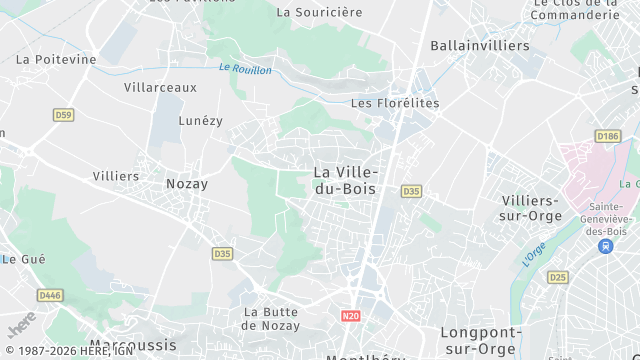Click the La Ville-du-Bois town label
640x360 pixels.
(346, 179)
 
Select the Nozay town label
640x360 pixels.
(186, 184)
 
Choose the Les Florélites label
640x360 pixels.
(395, 103)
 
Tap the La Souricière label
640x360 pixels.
(319, 13)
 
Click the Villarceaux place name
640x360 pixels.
(161, 87)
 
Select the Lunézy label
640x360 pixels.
(200, 120)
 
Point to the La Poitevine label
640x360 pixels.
(56, 59)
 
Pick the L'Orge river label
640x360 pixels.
(534, 254)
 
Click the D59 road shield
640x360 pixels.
(64, 115)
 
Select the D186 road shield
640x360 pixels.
(607, 135)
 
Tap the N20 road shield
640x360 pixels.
(350, 316)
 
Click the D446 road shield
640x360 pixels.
(49, 295)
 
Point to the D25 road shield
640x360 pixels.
(557, 277)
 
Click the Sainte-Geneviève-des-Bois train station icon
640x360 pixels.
(605, 246)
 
